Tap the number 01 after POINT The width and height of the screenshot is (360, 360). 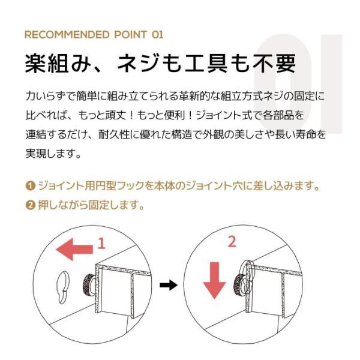pyautogui.click(x=154, y=34)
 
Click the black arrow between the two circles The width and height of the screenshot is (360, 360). pyautogui.click(x=172, y=284)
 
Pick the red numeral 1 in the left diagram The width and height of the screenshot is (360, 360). pyautogui.click(x=101, y=244)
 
